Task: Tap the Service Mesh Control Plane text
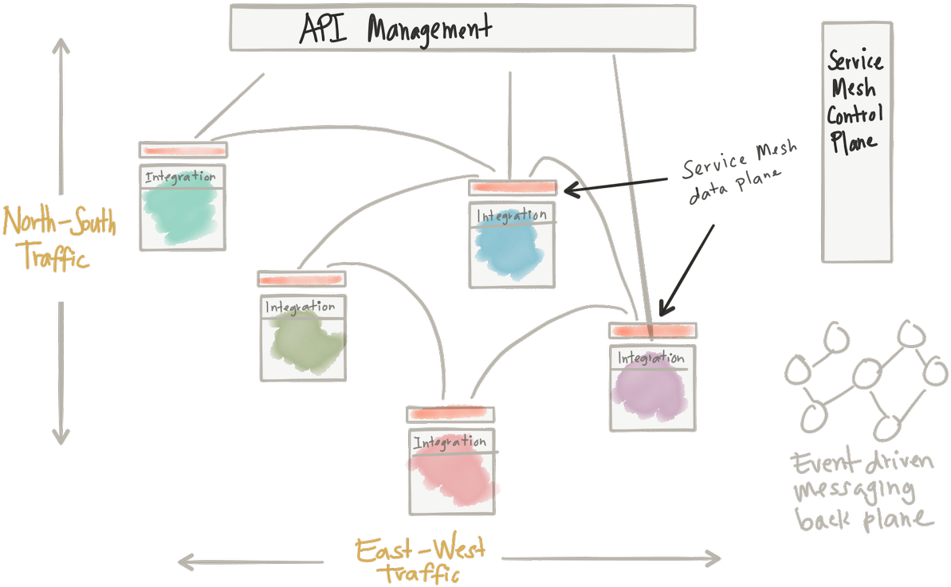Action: (855, 100)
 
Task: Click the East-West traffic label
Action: (420, 560)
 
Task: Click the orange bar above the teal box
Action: (183, 150)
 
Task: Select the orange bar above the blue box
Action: (513, 188)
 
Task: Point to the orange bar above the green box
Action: (301, 280)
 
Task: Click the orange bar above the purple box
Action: (653, 331)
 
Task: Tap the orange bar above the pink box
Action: (450, 414)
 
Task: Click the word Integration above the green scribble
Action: (300, 307)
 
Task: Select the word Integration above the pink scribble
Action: (450, 442)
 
